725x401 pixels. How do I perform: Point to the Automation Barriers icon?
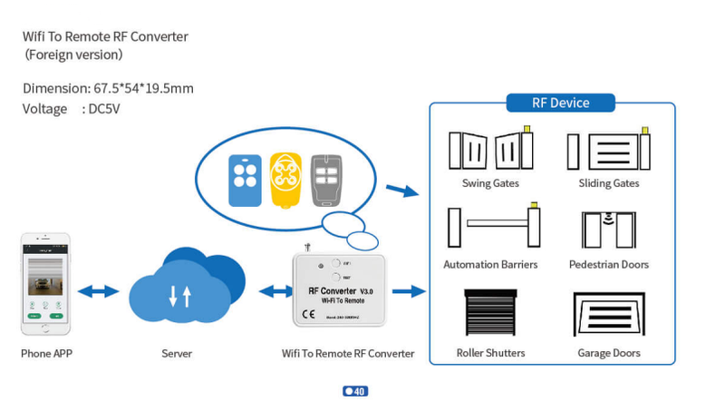[x=489, y=228]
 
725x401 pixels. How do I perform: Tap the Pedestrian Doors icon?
[x=608, y=230]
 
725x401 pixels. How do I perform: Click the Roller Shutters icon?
[x=489, y=313]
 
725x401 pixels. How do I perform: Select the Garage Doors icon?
[x=608, y=314]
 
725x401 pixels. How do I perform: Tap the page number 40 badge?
[x=355, y=392]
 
